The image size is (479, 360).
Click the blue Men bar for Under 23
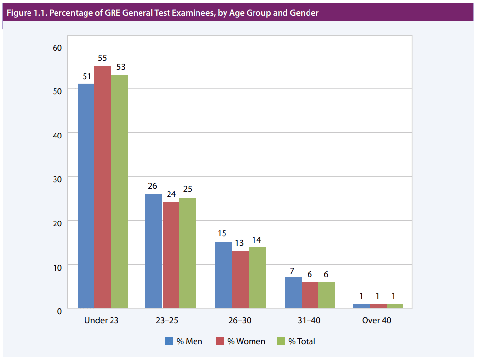(x=86, y=196)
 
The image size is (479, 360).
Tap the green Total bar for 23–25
(x=188, y=253)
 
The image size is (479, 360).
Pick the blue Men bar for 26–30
(x=224, y=275)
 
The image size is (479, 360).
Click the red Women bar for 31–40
(x=310, y=295)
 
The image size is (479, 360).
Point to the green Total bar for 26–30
(x=257, y=277)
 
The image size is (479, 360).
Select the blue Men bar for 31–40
(x=293, y=293)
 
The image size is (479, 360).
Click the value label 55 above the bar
(x=102, y=58)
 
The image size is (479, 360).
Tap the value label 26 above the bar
(x=153, y=186)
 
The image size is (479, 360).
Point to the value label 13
(x=240, y=243)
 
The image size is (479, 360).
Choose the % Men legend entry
(x=183, y=341)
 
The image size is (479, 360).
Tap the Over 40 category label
(x=376, y=320)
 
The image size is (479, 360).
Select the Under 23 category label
(x=102, y=320)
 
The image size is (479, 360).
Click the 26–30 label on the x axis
(x=239, y=320)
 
